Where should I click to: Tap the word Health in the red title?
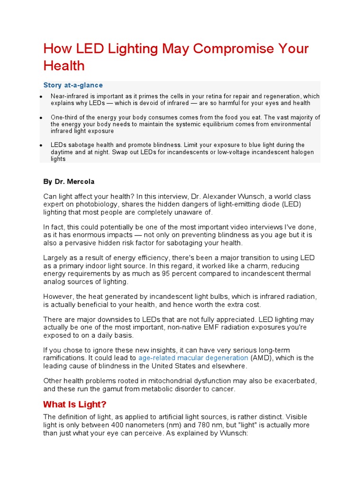pos(64,66)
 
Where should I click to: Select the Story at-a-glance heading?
pos(73,85)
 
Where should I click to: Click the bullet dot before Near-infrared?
pos(41,97)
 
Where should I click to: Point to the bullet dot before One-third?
pos(41,117)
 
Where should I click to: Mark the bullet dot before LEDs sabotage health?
pos(41,145)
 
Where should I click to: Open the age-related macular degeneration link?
pos(193,358)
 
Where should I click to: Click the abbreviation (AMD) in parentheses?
pos(261,358)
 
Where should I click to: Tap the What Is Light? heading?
pos(75,404)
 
